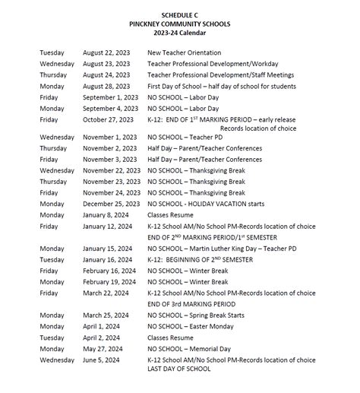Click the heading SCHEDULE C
(180, 15)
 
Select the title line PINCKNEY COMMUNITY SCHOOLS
(180, 24)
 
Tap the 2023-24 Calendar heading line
(180, 33)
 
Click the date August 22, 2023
(107, 53)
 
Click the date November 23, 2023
(111, 182)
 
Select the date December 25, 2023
(111, 204)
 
